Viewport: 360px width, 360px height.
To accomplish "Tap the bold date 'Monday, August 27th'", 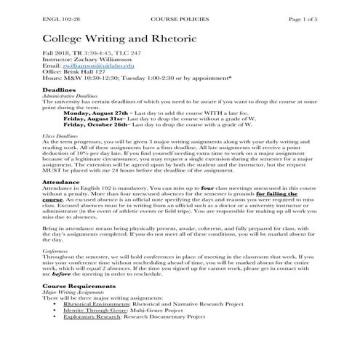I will click(x=96, y=114).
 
